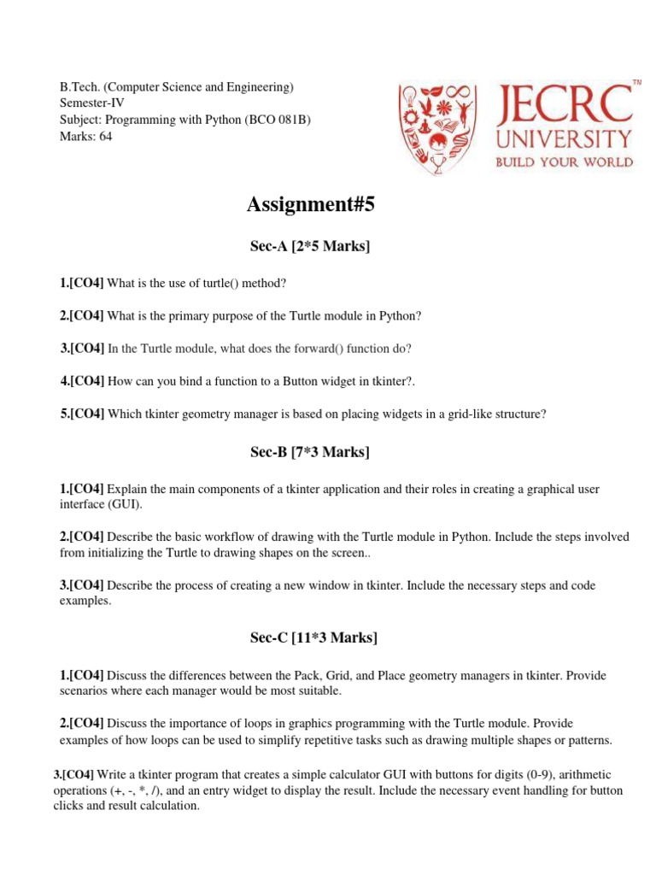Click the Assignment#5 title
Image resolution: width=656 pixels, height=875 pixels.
[x=310, y=205]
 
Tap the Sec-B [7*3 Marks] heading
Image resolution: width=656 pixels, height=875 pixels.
[x=310, y=452]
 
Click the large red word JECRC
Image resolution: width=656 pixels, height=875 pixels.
[x=565, y=104]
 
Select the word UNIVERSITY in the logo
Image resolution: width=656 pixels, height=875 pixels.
[x=565, y=138]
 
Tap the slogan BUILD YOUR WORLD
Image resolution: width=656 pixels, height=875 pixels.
[x=565, y=161]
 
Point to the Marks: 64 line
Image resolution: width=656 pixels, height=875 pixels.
[x=85, y=135]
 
